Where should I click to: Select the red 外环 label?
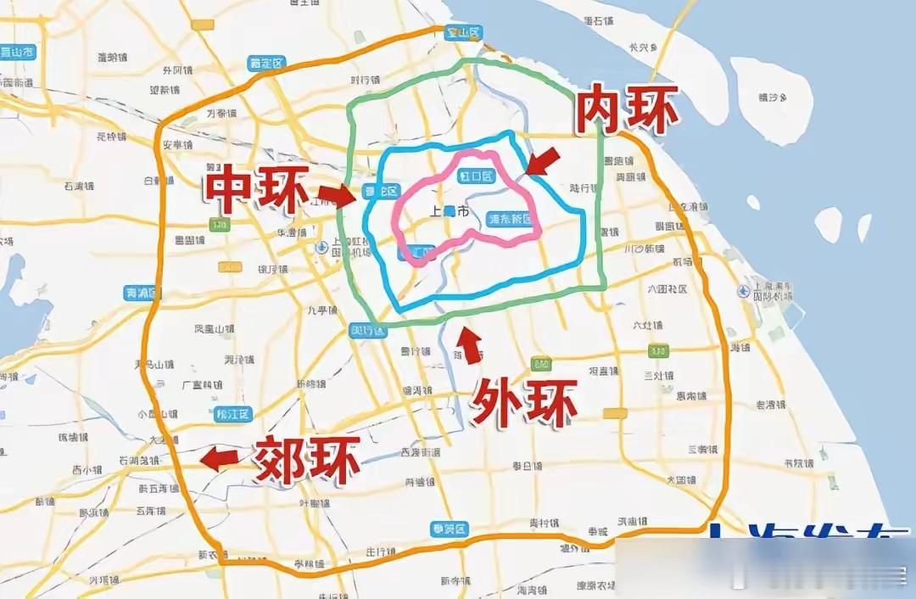pyautogui.click(x=524, y=400)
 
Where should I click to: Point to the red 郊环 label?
pyautogui.click(x=306, y=459)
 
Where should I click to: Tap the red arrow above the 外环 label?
pyautogui.click(x=471, y=345)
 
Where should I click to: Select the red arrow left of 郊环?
pyautogui.click(x=219, y=459)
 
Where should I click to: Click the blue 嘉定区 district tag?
pyautogui.click(x=266, y=63)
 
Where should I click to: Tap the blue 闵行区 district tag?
pyautogui.click(x=368, y=329)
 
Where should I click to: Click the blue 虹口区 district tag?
pyautogui.click(x=476, y=176)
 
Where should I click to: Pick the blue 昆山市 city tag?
pyautogui.click(x=17, y=52)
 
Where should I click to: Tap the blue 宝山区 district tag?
pyautogui.click(x=463, y=33)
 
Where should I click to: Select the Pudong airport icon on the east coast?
pyautogui.click(x=744, y=291)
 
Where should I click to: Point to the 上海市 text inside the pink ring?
pyautogui.click(x=450, y=211)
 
